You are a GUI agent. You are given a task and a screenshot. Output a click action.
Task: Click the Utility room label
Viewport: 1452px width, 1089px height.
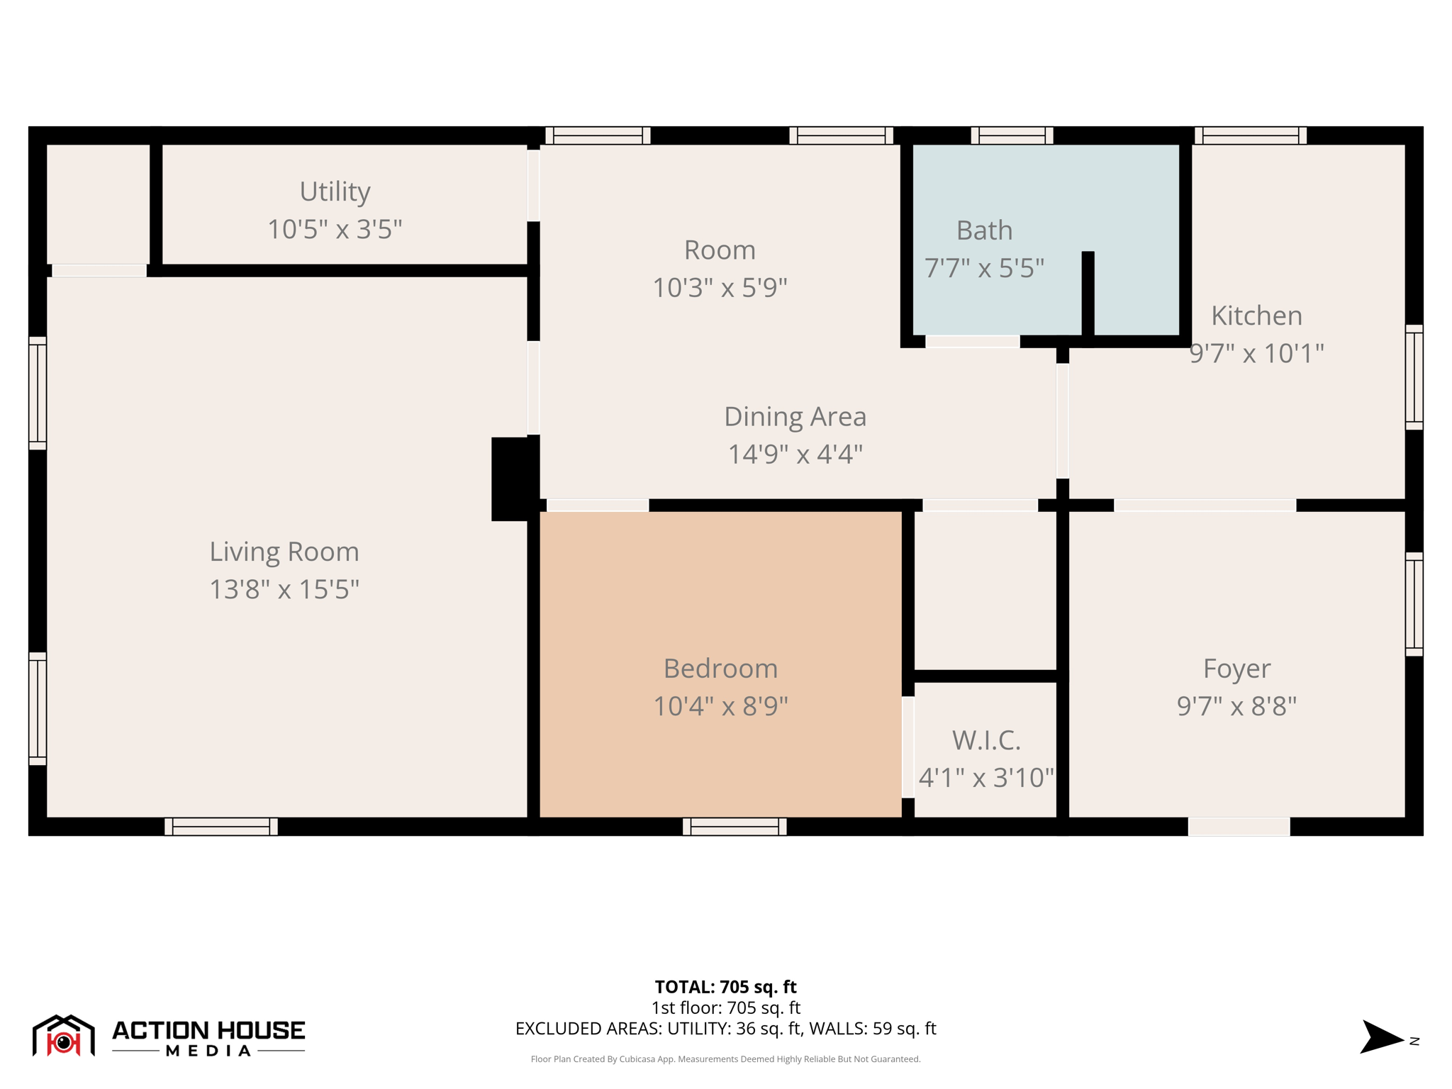[335, 191]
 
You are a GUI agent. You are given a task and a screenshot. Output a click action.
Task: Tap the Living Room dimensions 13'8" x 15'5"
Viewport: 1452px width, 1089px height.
[284, 589]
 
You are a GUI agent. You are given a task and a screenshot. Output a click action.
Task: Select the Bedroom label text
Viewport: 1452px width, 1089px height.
[720, 669]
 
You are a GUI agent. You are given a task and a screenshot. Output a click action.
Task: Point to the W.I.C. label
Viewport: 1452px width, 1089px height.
[986, 740]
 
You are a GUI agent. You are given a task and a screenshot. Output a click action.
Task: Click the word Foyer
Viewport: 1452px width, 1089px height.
[1236, 669]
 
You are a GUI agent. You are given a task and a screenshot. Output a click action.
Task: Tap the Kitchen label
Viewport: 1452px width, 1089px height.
[1256, 315]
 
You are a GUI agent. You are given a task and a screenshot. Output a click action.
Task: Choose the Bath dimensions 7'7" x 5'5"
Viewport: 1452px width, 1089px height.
[984, 268]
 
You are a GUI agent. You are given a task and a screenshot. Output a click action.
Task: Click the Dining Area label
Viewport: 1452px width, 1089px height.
[795, 416]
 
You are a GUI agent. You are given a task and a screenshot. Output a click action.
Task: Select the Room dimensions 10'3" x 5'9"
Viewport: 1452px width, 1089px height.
[720, 287]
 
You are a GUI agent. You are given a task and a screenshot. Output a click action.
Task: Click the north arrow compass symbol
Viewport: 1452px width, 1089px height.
[1381, 1037]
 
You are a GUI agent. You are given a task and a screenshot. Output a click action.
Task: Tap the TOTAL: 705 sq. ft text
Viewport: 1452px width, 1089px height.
[725, 986]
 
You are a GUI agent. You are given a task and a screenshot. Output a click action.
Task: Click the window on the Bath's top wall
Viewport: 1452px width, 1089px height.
[1012, 135]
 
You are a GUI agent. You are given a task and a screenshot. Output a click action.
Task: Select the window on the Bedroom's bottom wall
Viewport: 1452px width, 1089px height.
[735, 827]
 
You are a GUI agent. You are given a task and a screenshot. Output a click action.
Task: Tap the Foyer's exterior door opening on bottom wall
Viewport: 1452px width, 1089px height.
[1239, 827]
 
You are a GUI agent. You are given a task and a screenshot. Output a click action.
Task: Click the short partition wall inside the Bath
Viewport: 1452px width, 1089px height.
[1088, 294]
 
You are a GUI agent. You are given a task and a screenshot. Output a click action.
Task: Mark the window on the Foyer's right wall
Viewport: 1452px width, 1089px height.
[1414, 604]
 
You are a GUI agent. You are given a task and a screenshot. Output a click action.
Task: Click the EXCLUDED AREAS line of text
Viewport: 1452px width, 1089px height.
[725, 1028]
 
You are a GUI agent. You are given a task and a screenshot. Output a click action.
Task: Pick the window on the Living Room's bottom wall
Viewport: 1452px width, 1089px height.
[221, 827]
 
